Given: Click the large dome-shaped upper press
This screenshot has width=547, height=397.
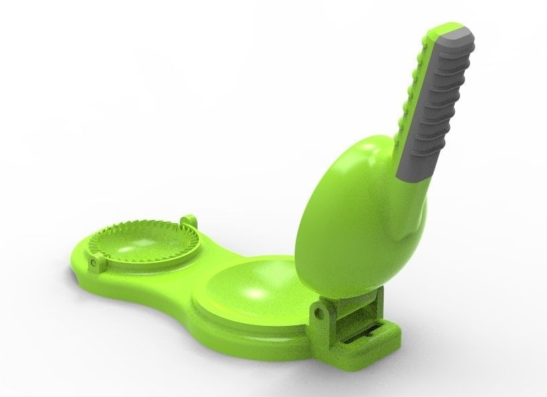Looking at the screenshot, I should tap(348, 215).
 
